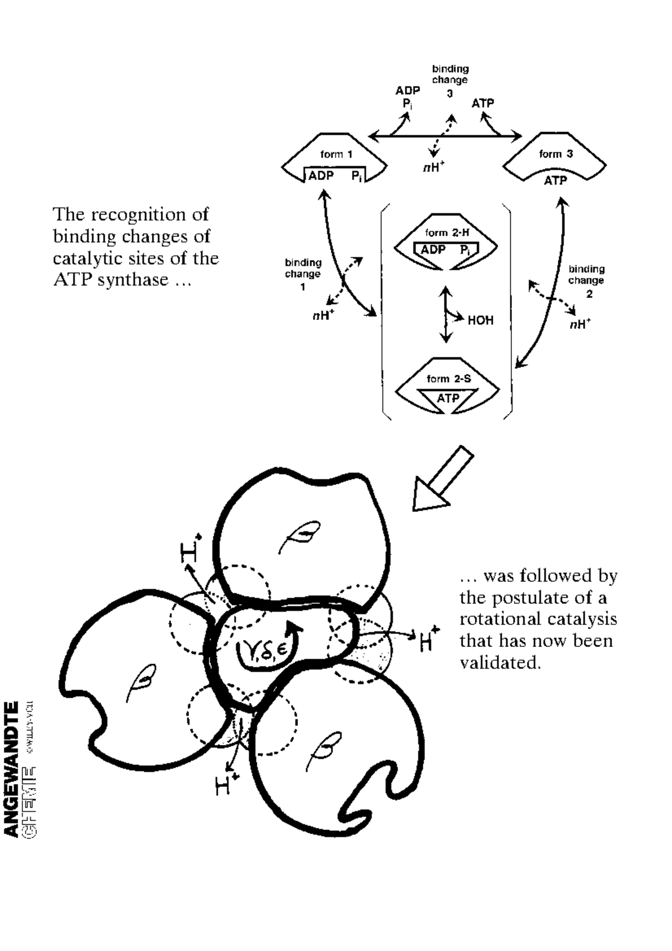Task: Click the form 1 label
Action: (336, 154)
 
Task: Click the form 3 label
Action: (556, 154)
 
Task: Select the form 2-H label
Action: (447, 232)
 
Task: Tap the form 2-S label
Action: (449, 379)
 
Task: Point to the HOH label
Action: (480, 320)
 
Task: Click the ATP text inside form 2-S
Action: (448, 398)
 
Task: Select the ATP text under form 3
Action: (556, 180)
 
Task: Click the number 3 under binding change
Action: (450, 94)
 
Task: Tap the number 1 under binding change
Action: (303, 287)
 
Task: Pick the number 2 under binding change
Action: (589, 295)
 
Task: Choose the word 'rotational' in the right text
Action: (498, 619)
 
